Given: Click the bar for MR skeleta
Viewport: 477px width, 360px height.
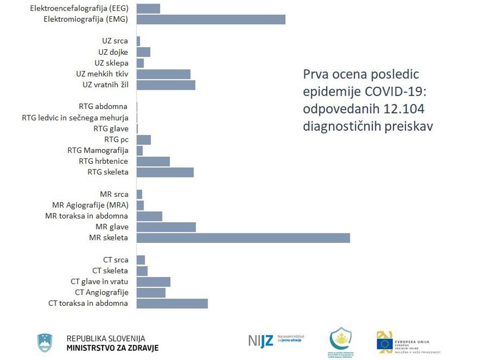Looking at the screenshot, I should [x=243, y=238].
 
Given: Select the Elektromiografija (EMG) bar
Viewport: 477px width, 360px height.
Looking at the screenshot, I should [x=211, y=19].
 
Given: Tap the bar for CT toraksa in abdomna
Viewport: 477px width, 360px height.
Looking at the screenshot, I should [x=172, y=303].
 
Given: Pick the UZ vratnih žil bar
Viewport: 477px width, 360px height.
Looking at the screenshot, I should [x=166, y=85].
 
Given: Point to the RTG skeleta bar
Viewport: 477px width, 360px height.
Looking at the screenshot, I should [x=165, y=172].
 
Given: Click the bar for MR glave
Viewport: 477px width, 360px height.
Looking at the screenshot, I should [x=166, y=227].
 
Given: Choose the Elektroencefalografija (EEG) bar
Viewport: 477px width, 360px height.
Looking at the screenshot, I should [x=148, y=9].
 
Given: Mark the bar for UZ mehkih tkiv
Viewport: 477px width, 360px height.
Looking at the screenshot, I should [x=163, y=74].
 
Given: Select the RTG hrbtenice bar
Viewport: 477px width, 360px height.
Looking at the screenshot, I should [x=153, y=161].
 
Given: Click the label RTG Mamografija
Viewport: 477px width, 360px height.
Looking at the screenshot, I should [x=98, y=151].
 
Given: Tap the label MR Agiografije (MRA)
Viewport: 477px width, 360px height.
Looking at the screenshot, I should [x=90, y=205].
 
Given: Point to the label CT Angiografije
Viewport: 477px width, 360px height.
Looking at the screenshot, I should [x=101, y=293].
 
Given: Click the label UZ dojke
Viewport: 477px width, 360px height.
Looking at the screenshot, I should [x=113, y=52].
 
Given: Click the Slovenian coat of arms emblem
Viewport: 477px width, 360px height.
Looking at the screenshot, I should [x=45, y=343].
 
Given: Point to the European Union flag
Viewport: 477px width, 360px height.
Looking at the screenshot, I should [x=385, y=344].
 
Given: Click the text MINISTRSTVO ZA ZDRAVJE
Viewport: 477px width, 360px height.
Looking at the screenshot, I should [x=113, y=348].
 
